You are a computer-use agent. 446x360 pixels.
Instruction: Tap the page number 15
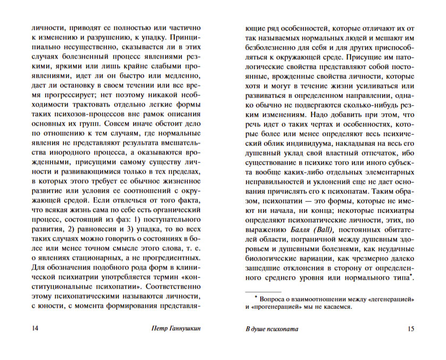coord(410,329)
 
